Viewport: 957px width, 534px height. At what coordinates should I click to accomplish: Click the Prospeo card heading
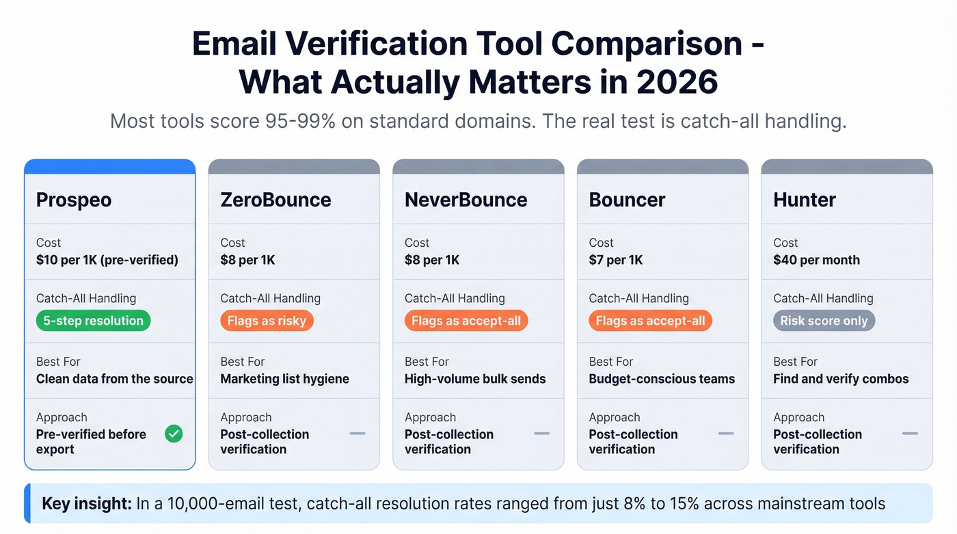[74, 200]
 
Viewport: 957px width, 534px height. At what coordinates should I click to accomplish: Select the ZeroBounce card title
[275, 200]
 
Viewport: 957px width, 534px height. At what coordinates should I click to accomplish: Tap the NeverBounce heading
[466, 200]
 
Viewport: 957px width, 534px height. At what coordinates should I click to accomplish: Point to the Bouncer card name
[627, 200]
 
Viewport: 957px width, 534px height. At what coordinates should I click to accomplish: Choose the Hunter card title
[805, 200]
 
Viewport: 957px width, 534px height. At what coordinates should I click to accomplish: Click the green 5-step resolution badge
[93, 321]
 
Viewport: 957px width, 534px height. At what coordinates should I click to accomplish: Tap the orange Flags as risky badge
[267, 321]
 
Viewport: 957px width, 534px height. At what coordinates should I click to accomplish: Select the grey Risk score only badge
[824, 321]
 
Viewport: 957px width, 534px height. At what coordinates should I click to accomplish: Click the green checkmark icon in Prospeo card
[174, 433]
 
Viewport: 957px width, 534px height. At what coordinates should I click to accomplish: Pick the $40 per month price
[816, 260]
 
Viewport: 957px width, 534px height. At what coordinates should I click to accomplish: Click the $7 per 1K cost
[616, 260]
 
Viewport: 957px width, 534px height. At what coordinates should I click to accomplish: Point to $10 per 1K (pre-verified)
[107, 260]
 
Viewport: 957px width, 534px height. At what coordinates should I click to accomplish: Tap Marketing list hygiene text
[284, 379]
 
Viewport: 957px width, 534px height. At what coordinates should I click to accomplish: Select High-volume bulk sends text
[475, 379]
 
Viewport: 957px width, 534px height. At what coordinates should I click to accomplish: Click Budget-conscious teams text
[662, 379]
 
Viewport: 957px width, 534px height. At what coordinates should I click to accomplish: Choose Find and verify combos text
[841, 379]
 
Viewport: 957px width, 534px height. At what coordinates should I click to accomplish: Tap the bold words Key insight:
[87, 504]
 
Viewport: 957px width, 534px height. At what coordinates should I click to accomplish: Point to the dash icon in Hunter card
[910, 433]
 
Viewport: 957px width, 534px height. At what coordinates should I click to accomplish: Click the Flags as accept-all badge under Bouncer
[650, 321]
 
